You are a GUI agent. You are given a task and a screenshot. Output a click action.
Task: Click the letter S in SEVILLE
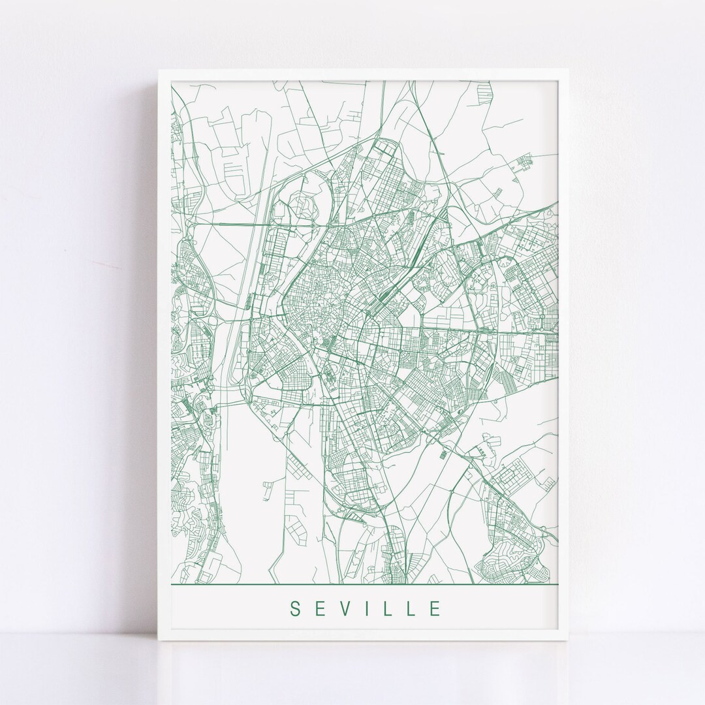pos(295,609)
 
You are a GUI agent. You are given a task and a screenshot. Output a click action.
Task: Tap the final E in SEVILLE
pos(436,609)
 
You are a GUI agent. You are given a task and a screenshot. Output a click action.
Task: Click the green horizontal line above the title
pos(366,584)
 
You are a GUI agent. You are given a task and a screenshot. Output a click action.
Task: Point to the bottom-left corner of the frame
pos(159,640)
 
